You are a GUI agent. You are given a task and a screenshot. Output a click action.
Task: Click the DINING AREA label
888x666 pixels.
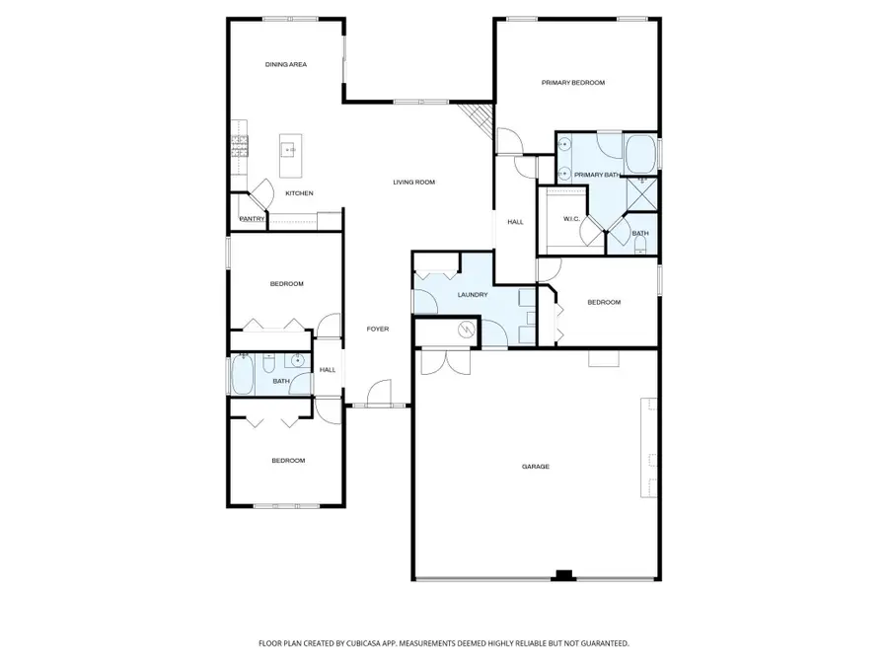(286, 64)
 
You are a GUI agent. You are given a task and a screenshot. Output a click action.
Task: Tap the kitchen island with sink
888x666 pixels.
(289, 150)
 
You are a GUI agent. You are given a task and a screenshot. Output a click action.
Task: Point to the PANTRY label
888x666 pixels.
(252, 219)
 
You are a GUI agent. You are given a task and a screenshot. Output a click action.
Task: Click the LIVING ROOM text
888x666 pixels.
(413, 182)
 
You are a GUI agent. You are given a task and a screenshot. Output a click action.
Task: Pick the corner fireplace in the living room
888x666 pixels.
(480, 119)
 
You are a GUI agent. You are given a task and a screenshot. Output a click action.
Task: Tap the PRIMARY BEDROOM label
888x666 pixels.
(572, 83)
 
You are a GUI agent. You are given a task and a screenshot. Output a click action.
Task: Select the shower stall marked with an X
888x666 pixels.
(645, 191)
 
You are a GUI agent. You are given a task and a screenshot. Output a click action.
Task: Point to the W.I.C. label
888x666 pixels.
(570, 218)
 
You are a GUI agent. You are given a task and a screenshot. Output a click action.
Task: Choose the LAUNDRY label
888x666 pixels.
(473, 294)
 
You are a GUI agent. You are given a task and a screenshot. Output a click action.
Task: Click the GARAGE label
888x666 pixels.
(536, 466)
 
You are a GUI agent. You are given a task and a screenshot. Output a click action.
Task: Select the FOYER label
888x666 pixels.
(378, 329)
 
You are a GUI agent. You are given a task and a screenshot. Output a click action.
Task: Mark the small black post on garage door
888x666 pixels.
(563, 575)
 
